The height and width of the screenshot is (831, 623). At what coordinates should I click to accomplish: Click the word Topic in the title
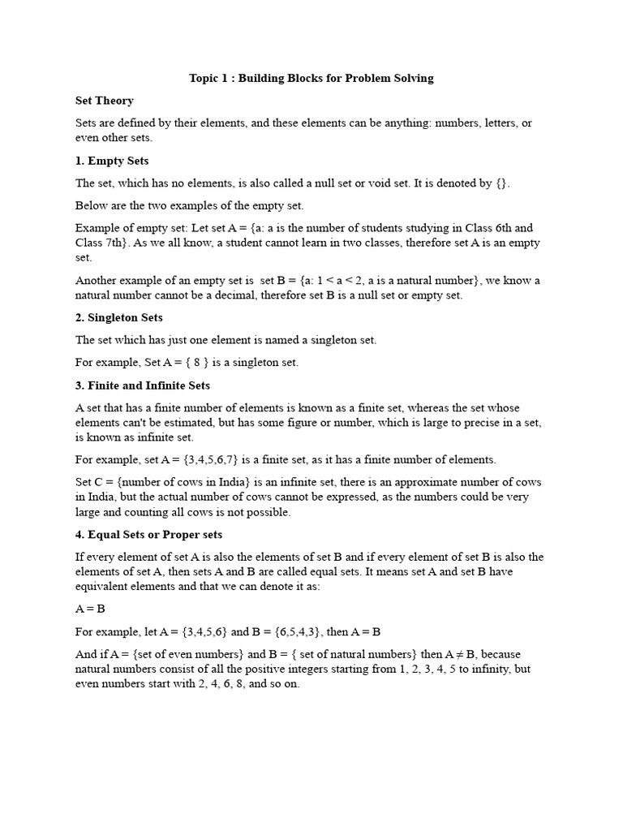pos(204,78)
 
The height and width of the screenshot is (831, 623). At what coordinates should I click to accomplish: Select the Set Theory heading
pos(104,101)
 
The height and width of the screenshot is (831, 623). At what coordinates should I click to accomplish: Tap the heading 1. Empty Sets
pos(112,161)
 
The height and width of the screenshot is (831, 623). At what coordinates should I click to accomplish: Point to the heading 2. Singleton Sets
pos(119,317)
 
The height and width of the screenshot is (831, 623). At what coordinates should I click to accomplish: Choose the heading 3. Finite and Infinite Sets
pos(143,385)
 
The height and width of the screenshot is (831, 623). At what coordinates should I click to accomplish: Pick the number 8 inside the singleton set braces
pos(196,363)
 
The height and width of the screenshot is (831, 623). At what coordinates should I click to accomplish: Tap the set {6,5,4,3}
pos(294,631)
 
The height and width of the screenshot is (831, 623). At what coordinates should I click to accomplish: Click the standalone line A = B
pos(91,609)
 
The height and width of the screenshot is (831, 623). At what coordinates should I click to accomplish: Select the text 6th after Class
pos(499,228)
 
